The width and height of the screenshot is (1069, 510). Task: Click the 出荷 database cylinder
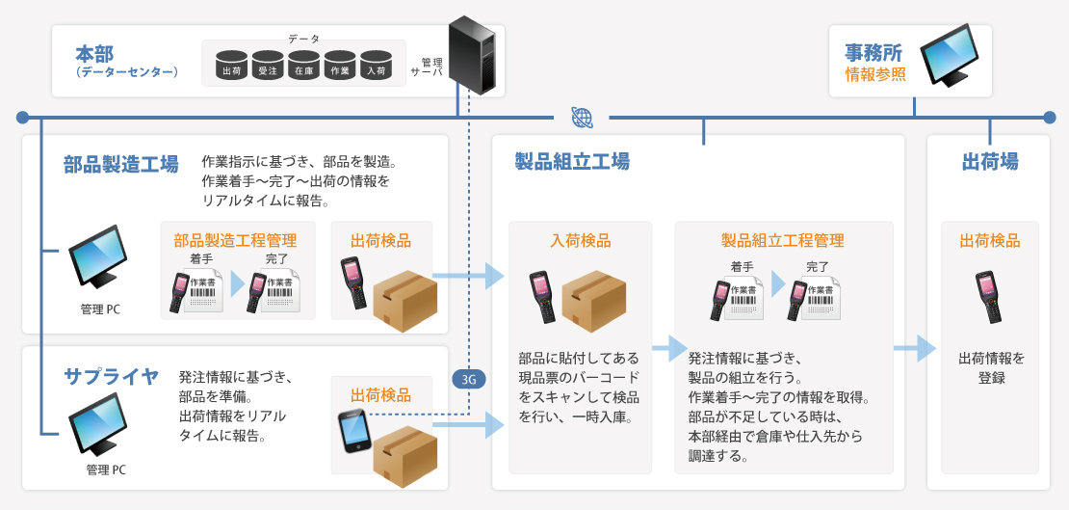[232, 65]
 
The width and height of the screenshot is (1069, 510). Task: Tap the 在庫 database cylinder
[303, 65]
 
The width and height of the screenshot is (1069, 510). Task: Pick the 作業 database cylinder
[340, 65]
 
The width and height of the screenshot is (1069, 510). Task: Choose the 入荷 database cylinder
[376, 65]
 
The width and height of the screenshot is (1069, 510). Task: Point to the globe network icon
[582, 118]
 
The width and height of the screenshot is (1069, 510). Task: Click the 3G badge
[469, 379]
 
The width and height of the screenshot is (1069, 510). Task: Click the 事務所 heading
[874, 51]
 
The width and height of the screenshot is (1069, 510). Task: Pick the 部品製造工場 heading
[121, 164]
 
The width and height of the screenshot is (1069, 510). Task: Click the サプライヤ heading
[112, 376]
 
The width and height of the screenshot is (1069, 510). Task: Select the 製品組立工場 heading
[572, 161]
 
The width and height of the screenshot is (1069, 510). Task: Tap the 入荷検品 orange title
[581, 241]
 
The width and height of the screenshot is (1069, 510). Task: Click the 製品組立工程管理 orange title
[782, 241]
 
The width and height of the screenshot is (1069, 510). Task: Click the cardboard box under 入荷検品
[594, 300]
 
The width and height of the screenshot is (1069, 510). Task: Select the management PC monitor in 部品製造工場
[98, 256]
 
